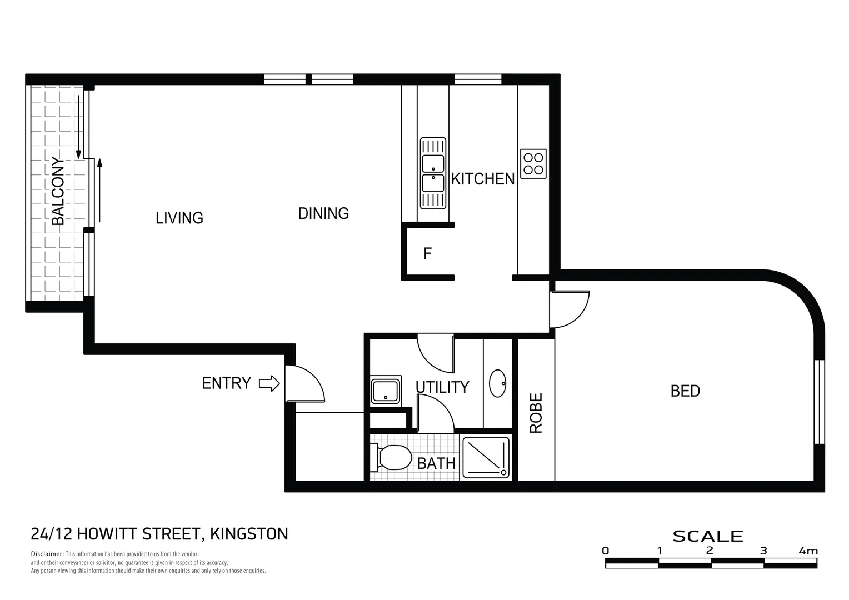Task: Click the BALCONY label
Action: (58, 192)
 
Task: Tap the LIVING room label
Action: (179, 218)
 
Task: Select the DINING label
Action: (323, 213)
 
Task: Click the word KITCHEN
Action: (482, 179)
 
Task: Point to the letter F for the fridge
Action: (427, 254)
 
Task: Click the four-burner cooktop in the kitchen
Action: (533, 163)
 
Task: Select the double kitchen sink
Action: (433, 173)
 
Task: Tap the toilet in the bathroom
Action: (393, 457)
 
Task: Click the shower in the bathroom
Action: (486, 457)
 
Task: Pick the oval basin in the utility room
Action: (497, 383)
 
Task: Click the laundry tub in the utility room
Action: (386, 391)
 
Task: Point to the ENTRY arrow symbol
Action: (269, 383)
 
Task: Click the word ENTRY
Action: (226, 383)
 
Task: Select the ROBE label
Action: (536, 413)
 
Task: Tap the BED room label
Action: (685, 391)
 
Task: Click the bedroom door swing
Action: (570, 308)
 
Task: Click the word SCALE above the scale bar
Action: (707, 536)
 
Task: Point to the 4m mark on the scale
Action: (808, 551)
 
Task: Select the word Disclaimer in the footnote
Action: (47, 554)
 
